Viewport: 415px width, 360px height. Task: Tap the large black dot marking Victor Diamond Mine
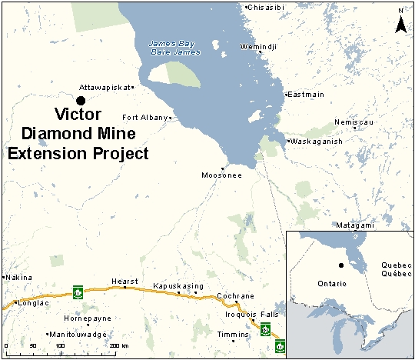(x=80, y=100)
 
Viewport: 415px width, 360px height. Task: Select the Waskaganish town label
(x=317, y=142)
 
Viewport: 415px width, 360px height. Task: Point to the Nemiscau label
(x=353, y=122)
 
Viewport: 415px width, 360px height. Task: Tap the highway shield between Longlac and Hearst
(x=78, y=292)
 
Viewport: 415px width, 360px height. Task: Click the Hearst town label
(x=124, y=282)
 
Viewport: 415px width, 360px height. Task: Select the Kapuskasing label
(x=175, y=285)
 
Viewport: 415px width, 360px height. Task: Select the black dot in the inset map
(x=339, y=266)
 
